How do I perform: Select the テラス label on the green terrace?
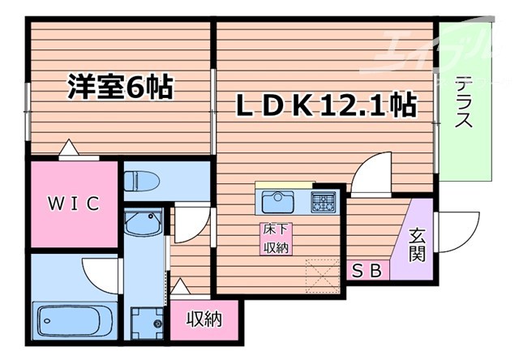pos(463,103)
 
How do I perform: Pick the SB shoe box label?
pos(366,272)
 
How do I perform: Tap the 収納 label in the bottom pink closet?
pos(204,319)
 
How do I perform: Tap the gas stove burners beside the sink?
pos(324,200)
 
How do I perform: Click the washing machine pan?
pos(146,319)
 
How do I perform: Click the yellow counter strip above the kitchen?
pos(284,185)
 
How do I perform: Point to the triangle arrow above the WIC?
pos(70,148)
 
